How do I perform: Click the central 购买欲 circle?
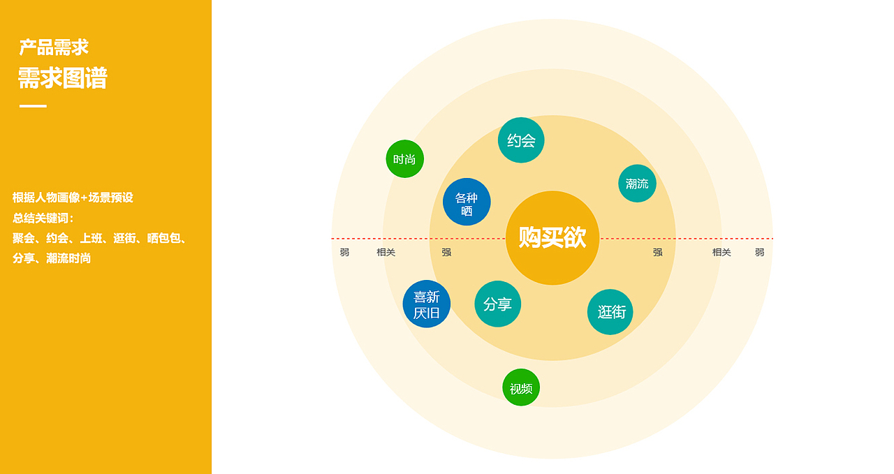tap(552, 238)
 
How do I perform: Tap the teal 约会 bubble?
tap(521, 140)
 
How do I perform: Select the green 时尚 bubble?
tap(404, 159)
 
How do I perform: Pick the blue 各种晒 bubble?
tap(467, 202)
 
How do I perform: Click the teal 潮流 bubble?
tap(637, 184)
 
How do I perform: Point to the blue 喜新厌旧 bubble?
tap(427, 304)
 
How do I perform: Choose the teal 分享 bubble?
tap(498, 304)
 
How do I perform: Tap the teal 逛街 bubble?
tap(610, 312)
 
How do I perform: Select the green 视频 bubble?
tap(521, 388)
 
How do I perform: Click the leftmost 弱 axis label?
tap(344, 253)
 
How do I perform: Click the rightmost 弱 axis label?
tap(759, 253)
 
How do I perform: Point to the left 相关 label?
tap(386, 253)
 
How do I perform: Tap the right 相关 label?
tap(721, 253)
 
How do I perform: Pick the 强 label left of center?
tap(446, 253)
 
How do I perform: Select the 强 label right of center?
tap(657, 253)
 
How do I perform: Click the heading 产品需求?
tap(54, 47)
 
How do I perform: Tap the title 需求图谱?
tap(62, 78)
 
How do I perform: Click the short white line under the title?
tap(33, 106)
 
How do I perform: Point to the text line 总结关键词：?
tap(43, 218)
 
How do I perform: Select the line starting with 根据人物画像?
tap(73, 198)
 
